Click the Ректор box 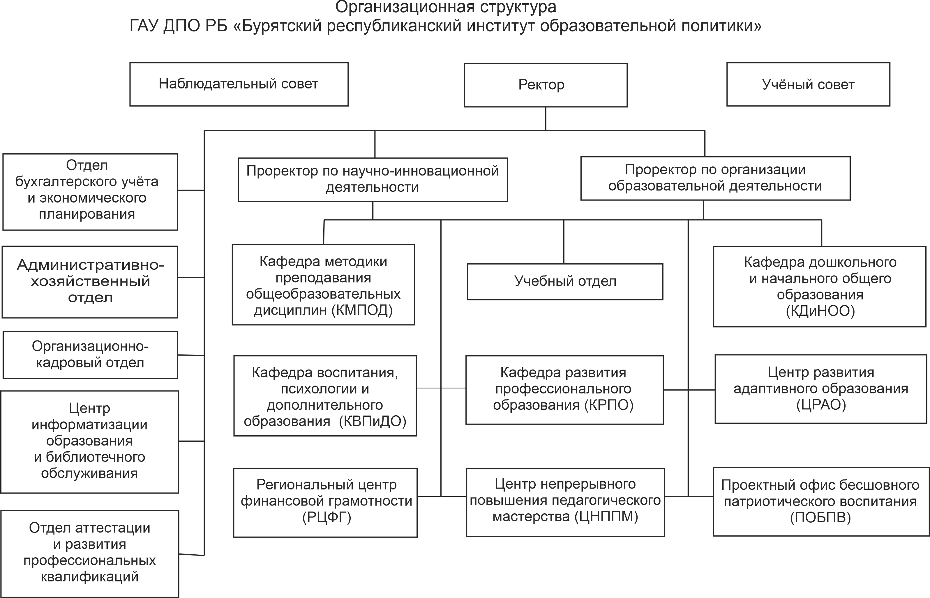pos(545,85)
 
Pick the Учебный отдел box pos(565,281)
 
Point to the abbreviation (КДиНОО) pos(820,311)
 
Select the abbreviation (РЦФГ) pos(327,517)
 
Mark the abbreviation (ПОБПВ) pos(820,518)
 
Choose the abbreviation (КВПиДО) pos(372,421)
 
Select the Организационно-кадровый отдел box pos(90,354)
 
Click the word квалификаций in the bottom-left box pos(89,577)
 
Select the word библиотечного pos(96,457)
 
